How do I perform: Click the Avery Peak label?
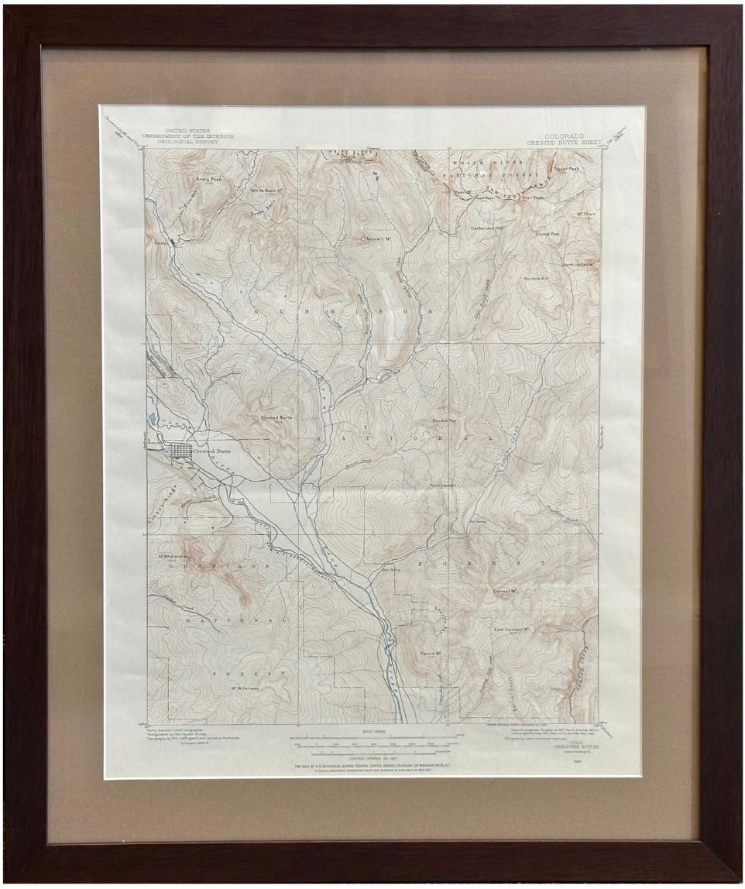pyautogui.click(x=208, y=179)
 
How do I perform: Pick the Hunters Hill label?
pyautogui.click(x=535, y=278)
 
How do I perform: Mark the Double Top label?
pyautogui.click(x=444, y=421)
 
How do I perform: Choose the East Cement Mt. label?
pyautogui.click(x=510, y=630)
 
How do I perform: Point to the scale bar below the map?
pyautogui.click(x=364, y=739)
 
